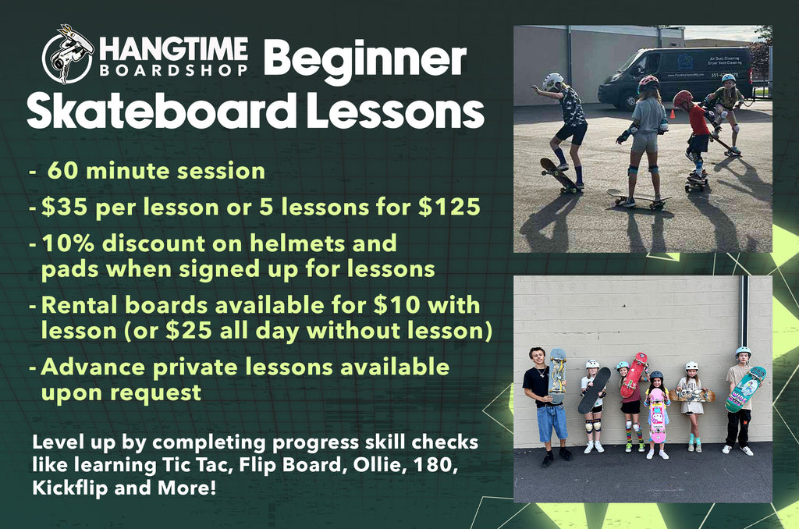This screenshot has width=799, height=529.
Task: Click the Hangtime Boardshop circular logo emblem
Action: (68, 54)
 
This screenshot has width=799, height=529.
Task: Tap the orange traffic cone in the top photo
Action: (673, 115)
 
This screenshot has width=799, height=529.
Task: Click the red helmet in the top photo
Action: (682, 98)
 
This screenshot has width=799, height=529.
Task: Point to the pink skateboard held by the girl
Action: (658, 415)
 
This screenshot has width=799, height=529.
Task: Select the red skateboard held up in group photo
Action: (634, 375)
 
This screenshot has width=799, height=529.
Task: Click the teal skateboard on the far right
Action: (745, 389)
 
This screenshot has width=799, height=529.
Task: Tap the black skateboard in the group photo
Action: (594, 390)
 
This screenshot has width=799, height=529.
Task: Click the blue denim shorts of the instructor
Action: (552, 422)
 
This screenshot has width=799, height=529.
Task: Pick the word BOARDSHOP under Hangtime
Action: (174, 69)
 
